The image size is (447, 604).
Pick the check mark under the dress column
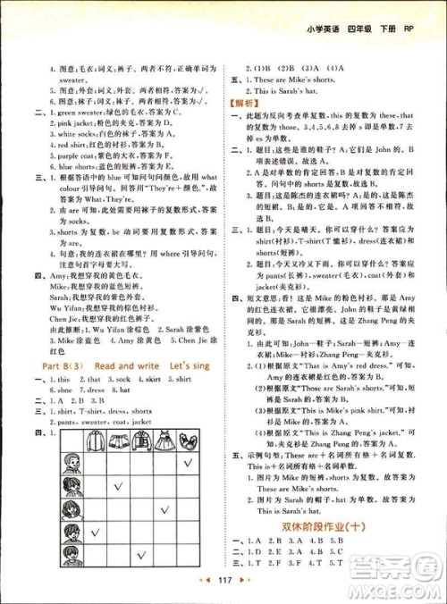point(164,510)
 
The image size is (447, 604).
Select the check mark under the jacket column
point(139,556)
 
